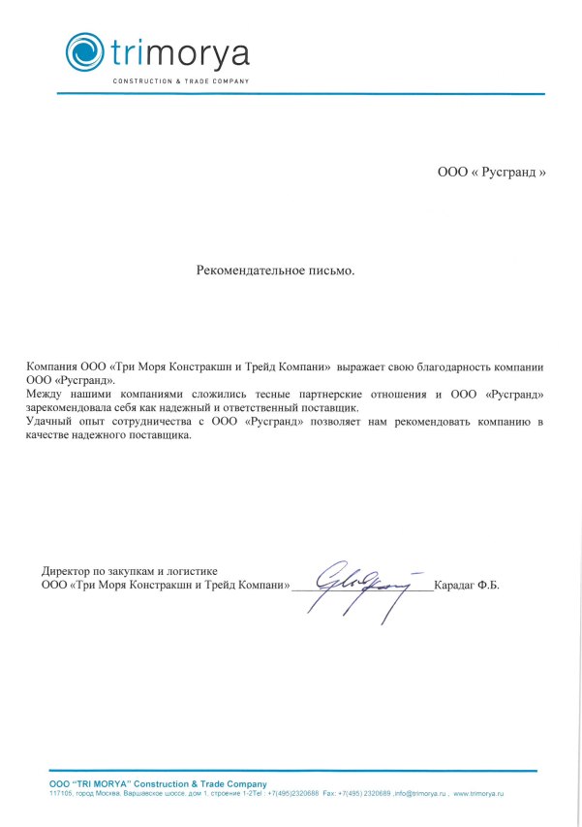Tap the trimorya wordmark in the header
point(180,52)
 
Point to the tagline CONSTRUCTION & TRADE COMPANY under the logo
point(181,80)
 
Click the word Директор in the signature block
point(69,572)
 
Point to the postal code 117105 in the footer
point(60,793)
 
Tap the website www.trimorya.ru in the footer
point(480,793)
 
